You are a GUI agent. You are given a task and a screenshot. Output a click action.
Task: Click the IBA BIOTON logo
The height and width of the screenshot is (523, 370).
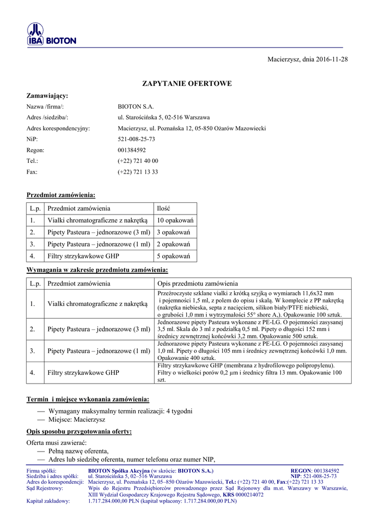pyautogui.click(x=51, y=35)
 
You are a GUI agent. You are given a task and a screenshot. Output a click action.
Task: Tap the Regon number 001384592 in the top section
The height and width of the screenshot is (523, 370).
pyautogui.click(x=132, y=150)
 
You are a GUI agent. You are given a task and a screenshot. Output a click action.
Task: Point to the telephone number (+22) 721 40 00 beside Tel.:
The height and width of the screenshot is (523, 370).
pyautogui.click(x=138, y=161)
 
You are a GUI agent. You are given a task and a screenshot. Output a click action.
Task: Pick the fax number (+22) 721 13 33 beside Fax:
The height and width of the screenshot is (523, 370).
pyautogui.click(x=138, y=172)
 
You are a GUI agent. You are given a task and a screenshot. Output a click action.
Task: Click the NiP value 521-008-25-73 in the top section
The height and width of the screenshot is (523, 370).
pyautogui.click(x=136, y=139)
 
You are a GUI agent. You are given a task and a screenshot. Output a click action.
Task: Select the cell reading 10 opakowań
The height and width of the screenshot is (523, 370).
pyautogui.click(x=175, y=220)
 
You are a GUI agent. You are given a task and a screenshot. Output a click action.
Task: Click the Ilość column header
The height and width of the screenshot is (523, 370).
pyautogui.click(x=163, y=208)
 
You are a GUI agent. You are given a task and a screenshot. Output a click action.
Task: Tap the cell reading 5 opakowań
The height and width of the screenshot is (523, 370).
pyautogui.click(x=174, y=256)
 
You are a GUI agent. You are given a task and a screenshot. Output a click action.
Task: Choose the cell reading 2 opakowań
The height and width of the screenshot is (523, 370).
pyautogui.click(x=174, y=244)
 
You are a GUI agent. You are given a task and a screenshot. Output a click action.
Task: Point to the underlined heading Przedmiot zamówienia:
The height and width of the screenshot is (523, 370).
pyautogui.click(x=61, y=195)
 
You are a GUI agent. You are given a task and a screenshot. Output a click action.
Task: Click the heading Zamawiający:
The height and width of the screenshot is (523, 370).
pyautogui.click(x=47, y=96)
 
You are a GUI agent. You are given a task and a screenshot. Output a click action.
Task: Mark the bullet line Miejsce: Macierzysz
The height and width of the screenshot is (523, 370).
pyautogui.click(x=77, y=419)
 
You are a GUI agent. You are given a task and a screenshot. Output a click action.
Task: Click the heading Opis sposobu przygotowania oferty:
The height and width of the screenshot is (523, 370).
pyautogui.click(x=79, y=432)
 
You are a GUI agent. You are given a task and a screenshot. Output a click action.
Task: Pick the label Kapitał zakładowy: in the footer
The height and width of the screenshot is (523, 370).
pyautogui.click(x=48, y=501)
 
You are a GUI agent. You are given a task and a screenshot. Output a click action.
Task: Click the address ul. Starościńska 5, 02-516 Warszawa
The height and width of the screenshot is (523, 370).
pyautogui.click(x=160, y=117)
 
